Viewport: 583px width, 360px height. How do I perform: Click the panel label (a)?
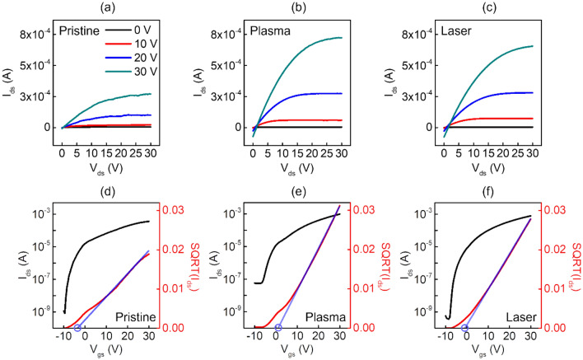point(107,9)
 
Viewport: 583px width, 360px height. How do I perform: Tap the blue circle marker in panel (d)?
point(77,328)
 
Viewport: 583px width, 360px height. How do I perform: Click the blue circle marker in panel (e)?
point(278,328)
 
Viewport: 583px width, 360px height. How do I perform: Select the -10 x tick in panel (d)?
point(63,338)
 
